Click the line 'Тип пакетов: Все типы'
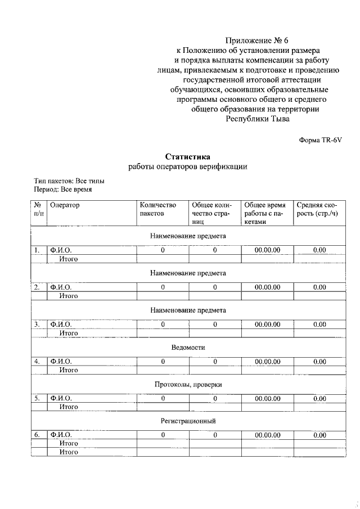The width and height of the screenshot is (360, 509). click(69, 181)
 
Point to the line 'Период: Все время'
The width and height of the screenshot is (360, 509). click(63, 190)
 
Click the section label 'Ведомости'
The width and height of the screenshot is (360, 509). click(188, 348)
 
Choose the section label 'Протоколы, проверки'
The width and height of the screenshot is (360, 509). click(188, 385)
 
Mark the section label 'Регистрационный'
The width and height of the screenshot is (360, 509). click(188, 421)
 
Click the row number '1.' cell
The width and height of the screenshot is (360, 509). click(37, 250)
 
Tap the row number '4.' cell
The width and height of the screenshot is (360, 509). click(37, 362)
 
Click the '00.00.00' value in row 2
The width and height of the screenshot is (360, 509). click(267, 287)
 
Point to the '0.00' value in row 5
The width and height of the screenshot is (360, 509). click(319, 398)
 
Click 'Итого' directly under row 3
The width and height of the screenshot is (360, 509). click(69, 333)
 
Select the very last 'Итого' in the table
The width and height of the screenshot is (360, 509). click(69, 451)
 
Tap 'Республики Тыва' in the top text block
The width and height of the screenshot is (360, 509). click(258, 119)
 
